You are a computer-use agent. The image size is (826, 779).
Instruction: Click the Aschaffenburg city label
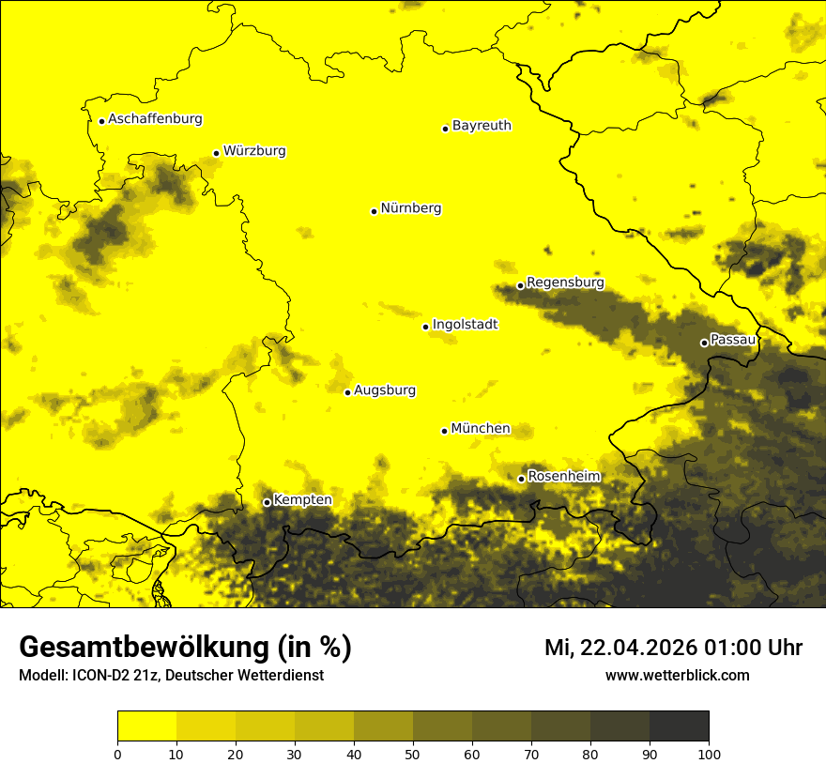[155, 119]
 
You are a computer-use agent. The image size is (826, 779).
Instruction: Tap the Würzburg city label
[254, 151]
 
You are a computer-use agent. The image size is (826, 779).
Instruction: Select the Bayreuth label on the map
[482, 126]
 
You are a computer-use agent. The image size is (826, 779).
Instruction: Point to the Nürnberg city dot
[374, 211]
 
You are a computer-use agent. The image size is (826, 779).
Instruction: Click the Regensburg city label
[565, 283]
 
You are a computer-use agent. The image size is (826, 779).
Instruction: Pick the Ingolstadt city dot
[425, 327]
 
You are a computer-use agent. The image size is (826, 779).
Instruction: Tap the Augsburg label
[385, 390]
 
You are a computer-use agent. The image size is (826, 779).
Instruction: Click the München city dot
[444, 431]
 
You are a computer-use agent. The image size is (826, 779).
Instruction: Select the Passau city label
[733, 340]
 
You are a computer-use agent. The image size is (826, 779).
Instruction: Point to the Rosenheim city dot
[521, 479]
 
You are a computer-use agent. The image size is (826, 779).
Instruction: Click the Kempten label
[302, 500]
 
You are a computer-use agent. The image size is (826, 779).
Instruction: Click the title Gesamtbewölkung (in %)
[185, 648]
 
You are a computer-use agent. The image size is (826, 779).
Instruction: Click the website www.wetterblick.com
[677, 676]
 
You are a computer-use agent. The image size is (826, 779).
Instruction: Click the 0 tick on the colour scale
[117, 754]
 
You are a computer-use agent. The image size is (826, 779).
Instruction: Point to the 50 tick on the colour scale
[413, 754]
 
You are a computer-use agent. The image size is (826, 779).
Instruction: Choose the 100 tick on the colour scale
[709, 754]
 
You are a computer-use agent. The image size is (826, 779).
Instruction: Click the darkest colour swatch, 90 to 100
[679, 726]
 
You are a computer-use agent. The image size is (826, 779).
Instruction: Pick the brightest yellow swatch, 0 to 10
[146, 726]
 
